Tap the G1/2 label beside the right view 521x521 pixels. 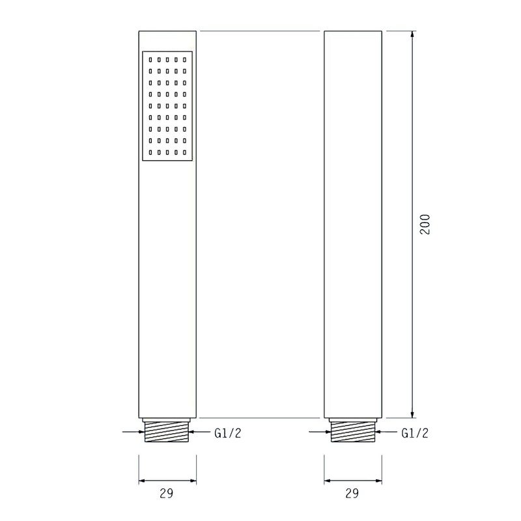click(415, 433)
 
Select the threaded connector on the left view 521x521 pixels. click(168, 433)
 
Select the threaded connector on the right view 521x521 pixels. click(353, 433)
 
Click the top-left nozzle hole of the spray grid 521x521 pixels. click(150, 60)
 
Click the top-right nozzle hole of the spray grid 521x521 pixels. click(185, 60)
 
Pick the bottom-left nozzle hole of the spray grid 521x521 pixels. click(150, 152)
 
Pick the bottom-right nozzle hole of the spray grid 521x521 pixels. click(185, 152)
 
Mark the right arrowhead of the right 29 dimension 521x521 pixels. click(378, 481)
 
